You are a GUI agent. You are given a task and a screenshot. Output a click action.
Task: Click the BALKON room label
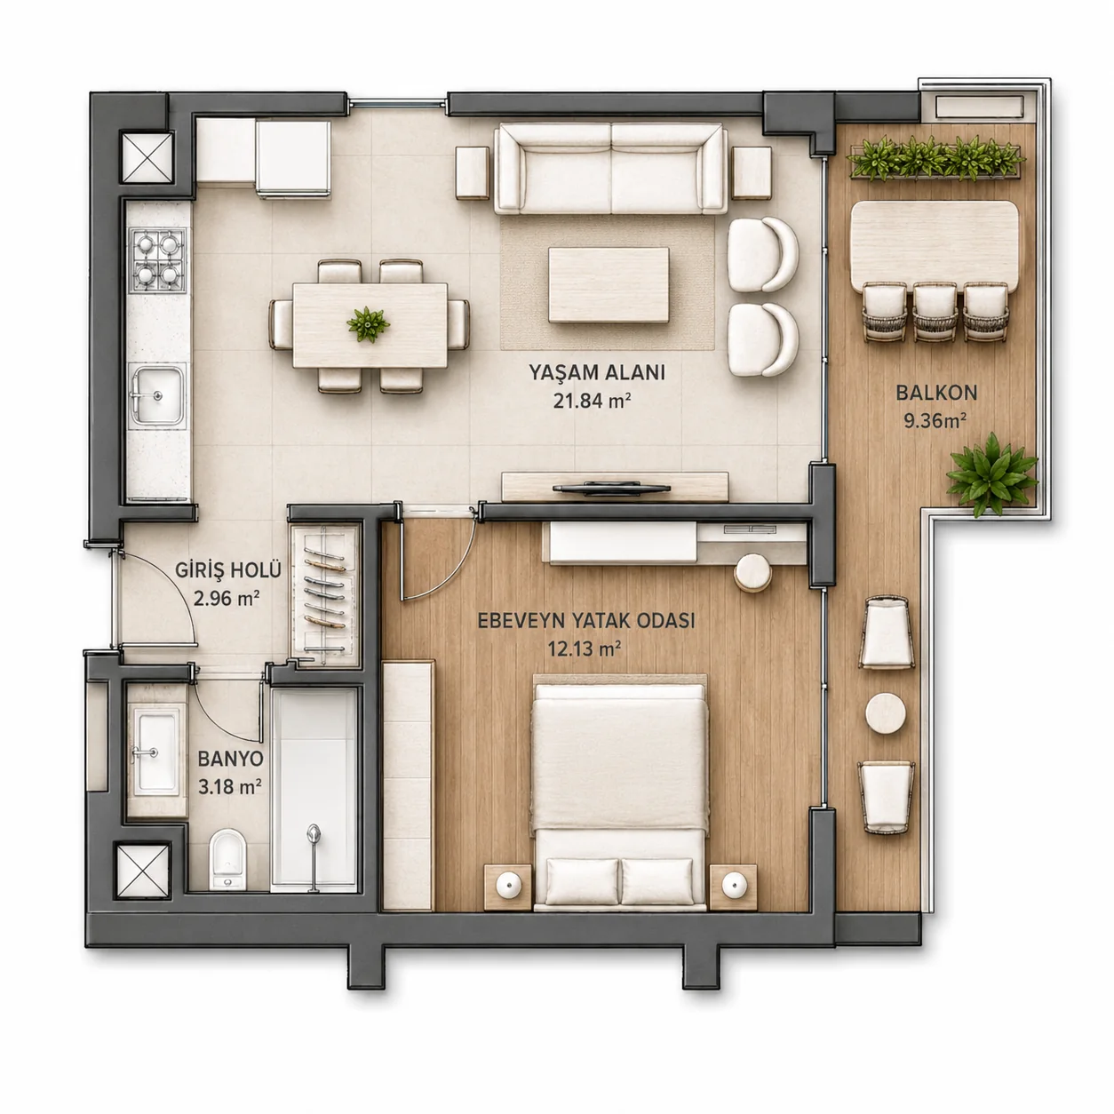(x=936, y=394)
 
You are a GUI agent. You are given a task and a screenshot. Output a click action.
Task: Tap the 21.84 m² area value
(x=592, y=401)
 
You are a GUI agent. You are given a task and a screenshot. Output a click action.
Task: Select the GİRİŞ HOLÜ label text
(x=228, y=570)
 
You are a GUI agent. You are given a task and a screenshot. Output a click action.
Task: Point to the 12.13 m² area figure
(x=585, y=649)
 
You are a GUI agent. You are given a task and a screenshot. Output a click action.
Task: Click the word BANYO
(x=231, y=759)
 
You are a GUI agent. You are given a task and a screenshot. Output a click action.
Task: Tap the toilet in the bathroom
(x=227, y=859)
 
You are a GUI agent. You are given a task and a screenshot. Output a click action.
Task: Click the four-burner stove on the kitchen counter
(x=158, y=260)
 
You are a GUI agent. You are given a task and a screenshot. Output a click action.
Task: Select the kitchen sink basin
(x=157, y=395)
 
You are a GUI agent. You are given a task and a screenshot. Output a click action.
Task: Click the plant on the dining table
(x=369, y=324)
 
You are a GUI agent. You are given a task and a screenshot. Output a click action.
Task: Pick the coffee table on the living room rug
(x=609, y=285)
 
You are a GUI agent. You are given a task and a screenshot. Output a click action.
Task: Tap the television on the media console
(x=611, y=488)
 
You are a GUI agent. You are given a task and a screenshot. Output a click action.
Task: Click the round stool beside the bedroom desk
(x=752, y=572)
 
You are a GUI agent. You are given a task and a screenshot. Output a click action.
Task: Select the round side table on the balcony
(x=885, y=713)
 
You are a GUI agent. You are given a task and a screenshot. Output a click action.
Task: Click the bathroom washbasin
(x=155, y=752)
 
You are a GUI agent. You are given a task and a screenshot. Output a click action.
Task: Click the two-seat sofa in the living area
(x=610, y=168)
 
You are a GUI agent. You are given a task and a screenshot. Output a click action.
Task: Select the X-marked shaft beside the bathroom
(x=143, y=871)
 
